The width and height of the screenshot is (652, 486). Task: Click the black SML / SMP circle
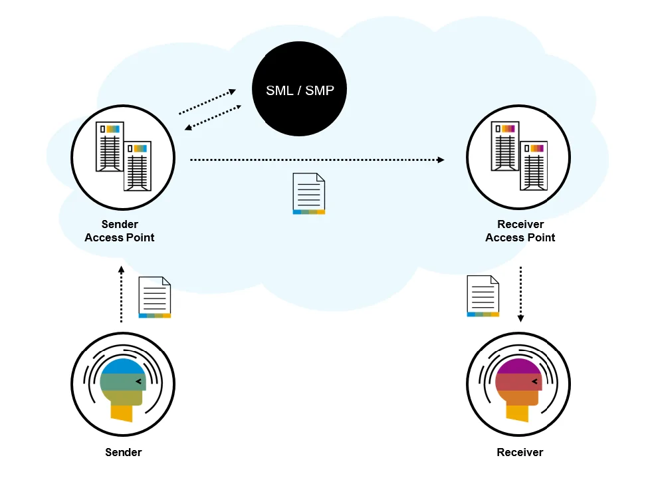point(300,90)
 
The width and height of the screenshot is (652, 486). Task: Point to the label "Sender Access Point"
point(120,231)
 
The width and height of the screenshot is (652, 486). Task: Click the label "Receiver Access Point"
point(520,231)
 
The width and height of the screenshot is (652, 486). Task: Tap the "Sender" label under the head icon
point(124,452)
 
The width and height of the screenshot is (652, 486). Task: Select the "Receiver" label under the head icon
point(520,452)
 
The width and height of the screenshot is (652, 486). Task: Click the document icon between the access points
point(309,193)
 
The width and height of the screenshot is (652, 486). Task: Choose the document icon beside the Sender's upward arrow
point(155,297)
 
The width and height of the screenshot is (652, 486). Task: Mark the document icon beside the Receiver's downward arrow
point(483,295)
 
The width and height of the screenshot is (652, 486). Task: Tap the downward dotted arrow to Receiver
point(520,293)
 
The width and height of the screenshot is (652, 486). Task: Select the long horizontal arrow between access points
point(317,160)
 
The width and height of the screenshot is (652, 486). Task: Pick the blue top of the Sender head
point(122,367)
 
